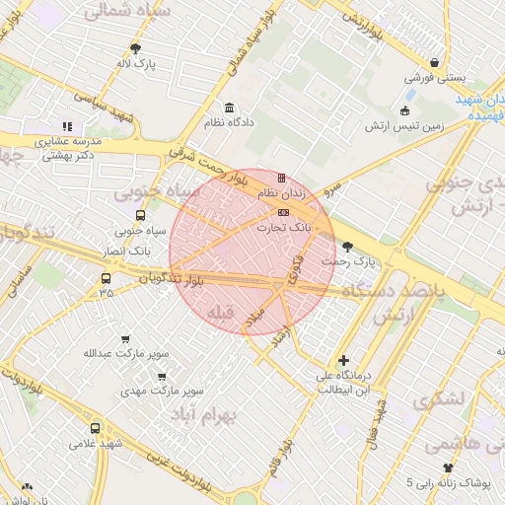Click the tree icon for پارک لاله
tap(136, 48)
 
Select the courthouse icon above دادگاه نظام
tap(229, 108)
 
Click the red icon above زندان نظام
tap(283, 179)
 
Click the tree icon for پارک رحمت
tap(345, 247)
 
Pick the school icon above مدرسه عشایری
tap(67, 126)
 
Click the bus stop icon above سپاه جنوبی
tap(140, 215)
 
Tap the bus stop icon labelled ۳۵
tap(106, 278)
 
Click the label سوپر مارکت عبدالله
tap(124, 352)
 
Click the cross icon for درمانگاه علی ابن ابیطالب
tap(343, 361)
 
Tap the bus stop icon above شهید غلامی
tap(96, 428)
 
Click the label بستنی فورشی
tap(435, 78)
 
